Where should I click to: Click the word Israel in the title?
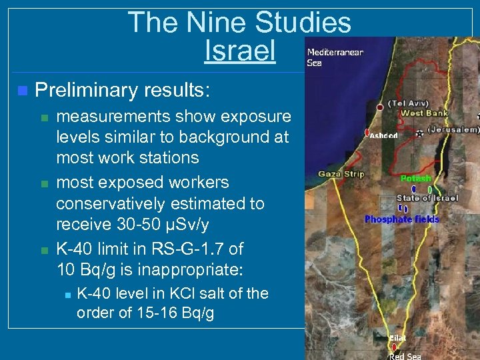[x=240, y=51]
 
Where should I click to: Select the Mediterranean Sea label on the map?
[x=335, y=57]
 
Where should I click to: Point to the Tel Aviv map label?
[x=409, y=103]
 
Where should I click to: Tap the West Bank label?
[x=424, y=113]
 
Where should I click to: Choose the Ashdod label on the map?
[x=385, y=135]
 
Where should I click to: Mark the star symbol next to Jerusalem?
[x=419, y=134]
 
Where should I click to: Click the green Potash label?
[x=416, y=179]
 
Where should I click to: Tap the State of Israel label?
[x=427, y=198]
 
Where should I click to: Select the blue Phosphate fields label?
[x=402, y=219]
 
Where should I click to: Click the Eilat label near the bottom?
[x=398, y=338]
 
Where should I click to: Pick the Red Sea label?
[x=405, y=356]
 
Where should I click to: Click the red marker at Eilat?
[x=394, y=347]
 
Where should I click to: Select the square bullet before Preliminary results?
[x=23, y=90]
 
